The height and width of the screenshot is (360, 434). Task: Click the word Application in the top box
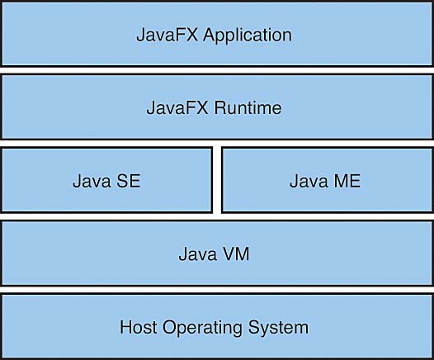coord(248,36)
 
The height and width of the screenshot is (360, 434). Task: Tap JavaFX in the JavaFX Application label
coord(167,35)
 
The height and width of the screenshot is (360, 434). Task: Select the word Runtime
coord(248,107)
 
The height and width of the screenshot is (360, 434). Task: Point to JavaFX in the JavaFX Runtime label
coord(177,107)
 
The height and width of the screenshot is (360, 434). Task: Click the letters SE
coord(129,181)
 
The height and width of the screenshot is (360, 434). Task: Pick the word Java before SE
coord(92,181)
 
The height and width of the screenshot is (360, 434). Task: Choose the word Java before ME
coord(309,181)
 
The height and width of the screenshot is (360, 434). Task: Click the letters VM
coord(236,254)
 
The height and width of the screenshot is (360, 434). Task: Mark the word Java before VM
coord(198,254)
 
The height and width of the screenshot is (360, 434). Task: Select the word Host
coord(138,327)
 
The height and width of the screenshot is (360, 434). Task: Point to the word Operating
coord(202,329)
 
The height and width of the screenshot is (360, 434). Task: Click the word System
coord(278,329)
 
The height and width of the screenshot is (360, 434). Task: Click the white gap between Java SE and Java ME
coord(217,180)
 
